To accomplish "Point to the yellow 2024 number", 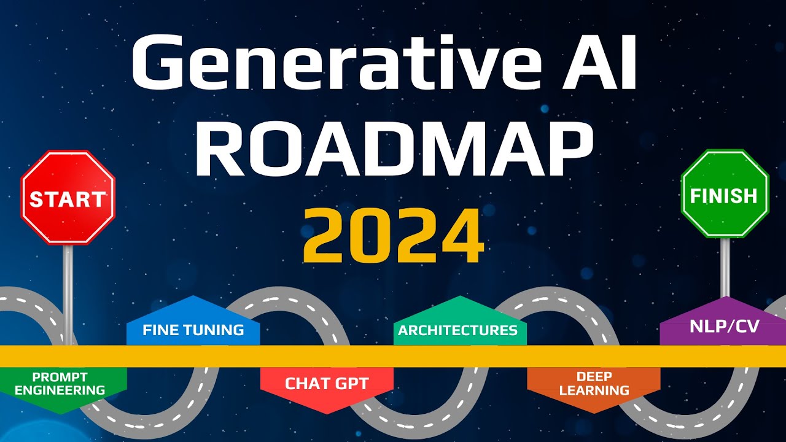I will tap(394, 236).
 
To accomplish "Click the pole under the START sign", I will tap(68, 289).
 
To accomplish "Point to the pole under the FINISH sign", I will tap(725, 267).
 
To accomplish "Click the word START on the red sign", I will tap(68, 200).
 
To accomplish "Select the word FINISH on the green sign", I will tap(724, 196).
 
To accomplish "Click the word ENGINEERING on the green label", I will tap(60, 390).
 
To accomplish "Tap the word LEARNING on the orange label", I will tap(594, 390).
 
